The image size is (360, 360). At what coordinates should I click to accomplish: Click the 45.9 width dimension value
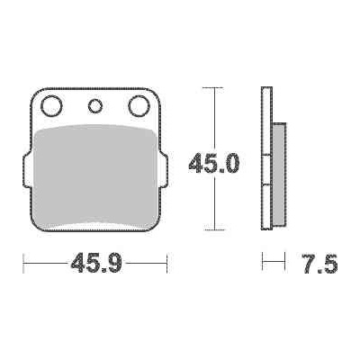pyautogui.click(x=96, y=263)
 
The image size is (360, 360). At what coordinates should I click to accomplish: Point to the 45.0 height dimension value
pyautogui.click(x=214, y=163)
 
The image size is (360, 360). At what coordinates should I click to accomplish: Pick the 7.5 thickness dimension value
pyautogui.click(x=319, y=264)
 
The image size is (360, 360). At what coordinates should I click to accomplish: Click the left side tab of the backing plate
pyautogui.click(x=27, y=170)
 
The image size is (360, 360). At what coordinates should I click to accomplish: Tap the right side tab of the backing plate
pyautogui.click(x=164, y=170)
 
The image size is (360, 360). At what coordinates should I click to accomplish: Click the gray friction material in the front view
pyautogui.click(x=95, y=175)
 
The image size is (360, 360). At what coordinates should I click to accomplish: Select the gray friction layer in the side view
pyautogui.click(x=280, y=174)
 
